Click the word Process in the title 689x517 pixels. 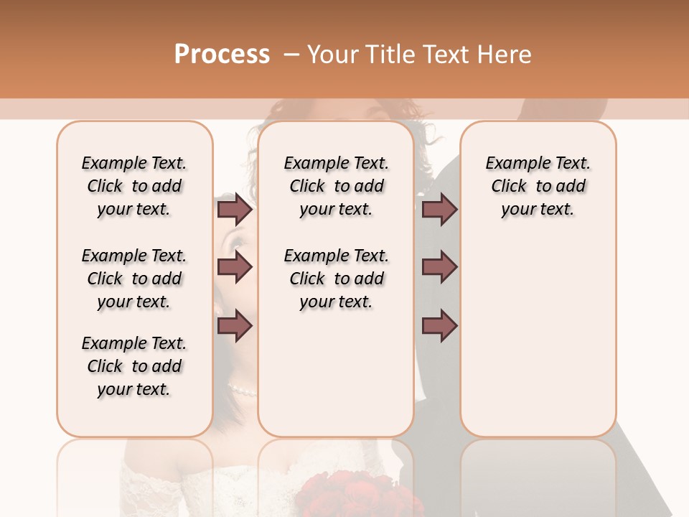tap(222, 55)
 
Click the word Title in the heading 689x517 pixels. tap(391, 55)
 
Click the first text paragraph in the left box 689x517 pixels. tap(134, 186)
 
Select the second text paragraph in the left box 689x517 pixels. tap(134, 279)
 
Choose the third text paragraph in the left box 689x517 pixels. tap(134, 366)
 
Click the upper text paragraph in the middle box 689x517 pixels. tap(336, 186)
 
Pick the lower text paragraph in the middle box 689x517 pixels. tap(336, 279)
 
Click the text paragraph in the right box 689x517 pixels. tap(538, 186)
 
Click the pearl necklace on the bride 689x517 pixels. tap(243, 390)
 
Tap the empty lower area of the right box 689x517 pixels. tap(538, 345)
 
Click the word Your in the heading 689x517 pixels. tap(334, 55)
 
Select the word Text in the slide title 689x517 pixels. tap(447, 55)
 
